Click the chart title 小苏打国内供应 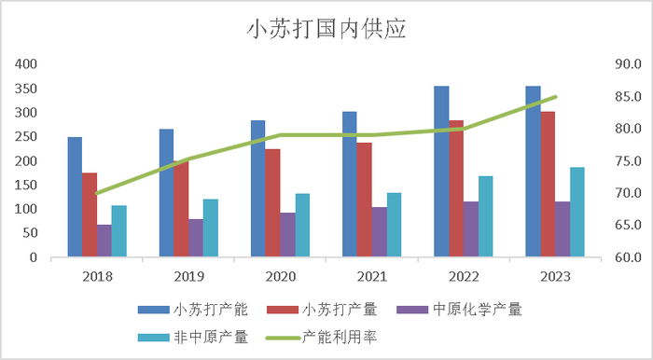point(326,29)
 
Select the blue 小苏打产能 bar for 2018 point(75,197)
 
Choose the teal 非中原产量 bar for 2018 point(118,231)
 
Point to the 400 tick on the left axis point(25,64)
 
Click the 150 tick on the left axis point(25,185)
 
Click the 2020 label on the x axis point(280,276)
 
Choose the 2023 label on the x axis point(554,276)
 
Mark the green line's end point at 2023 point(555,97)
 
